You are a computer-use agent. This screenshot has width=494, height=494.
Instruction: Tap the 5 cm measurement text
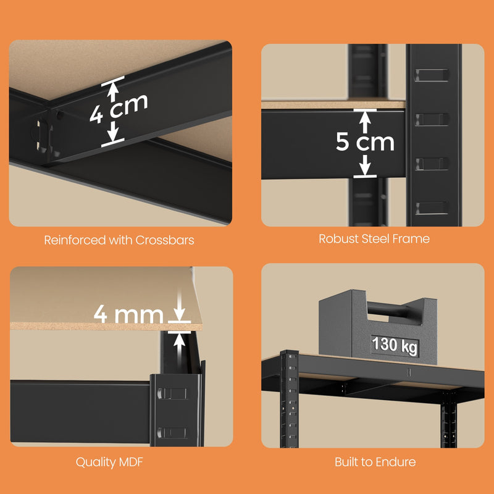point(365,142)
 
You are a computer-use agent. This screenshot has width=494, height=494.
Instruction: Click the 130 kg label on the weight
point(394,345)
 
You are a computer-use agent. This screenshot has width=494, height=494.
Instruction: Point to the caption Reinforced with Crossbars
point(119,240)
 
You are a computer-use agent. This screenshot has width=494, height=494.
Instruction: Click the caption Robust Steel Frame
point(374,238)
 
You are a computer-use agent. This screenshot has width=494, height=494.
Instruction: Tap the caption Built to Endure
point(375,462)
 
